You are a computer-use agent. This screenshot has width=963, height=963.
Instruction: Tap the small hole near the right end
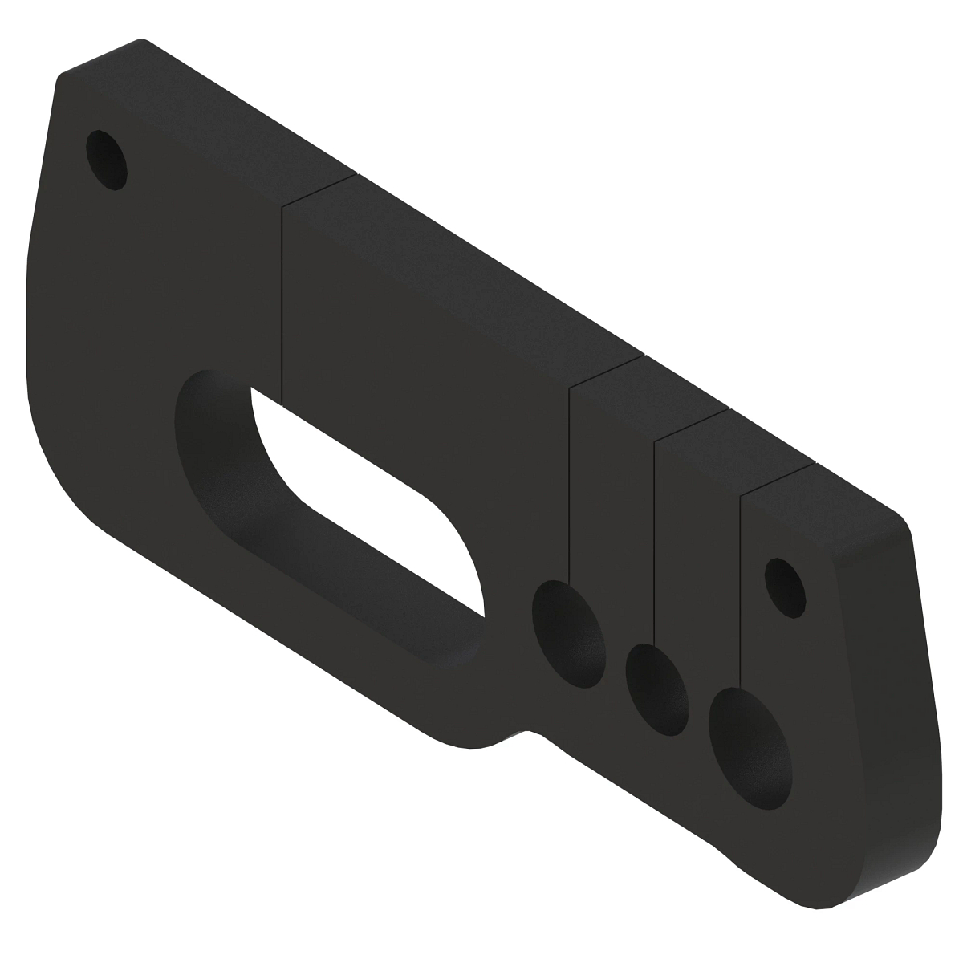coord(784,587)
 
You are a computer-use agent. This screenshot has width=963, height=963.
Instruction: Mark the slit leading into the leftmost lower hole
coord(569,481)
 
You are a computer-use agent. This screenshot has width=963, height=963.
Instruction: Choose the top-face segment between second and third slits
coord(682,385)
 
